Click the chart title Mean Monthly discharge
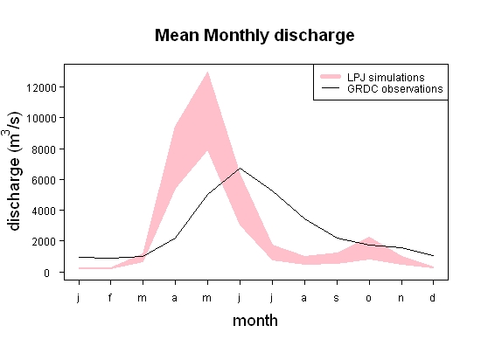pyautogui.click(x=254, y=36)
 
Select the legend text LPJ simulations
pyautogui.click(x=386, y=77)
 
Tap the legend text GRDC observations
pyautogui.click(x=394, y=89)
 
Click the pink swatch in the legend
pyautogui.click(x=331, y=77)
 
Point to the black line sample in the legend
pyautogui.click(x=331, y=88)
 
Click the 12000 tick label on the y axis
pyautogui.click(x=41, y=88)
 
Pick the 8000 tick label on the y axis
pyautogui.click(x=44, y=149)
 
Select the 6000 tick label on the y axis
pyautogui.click(x=44, y=180)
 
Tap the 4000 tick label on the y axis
pyautogui.click(x=44, y=211)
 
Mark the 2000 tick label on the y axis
pyautogui.click(x=44, y=241)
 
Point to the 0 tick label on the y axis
pyautogui.click(x=46, y=273)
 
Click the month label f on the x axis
pyautogui.click(x=110, y=297)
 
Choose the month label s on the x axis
pyautogui.click(x=336, y=298)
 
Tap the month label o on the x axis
pyautogui.click(x=369, y=298)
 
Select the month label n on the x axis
pyautogui.click(x=401, y=298)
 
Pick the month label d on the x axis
pyautogui.click(x=432, y=297)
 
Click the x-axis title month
pyautogui.click(x=255, y=321)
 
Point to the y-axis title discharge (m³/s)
pyautogui.click(x=13, y=170)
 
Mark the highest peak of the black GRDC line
pyautogui.click(x=240, y=168)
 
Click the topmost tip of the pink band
pyautogui.click(x=207, y=72)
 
